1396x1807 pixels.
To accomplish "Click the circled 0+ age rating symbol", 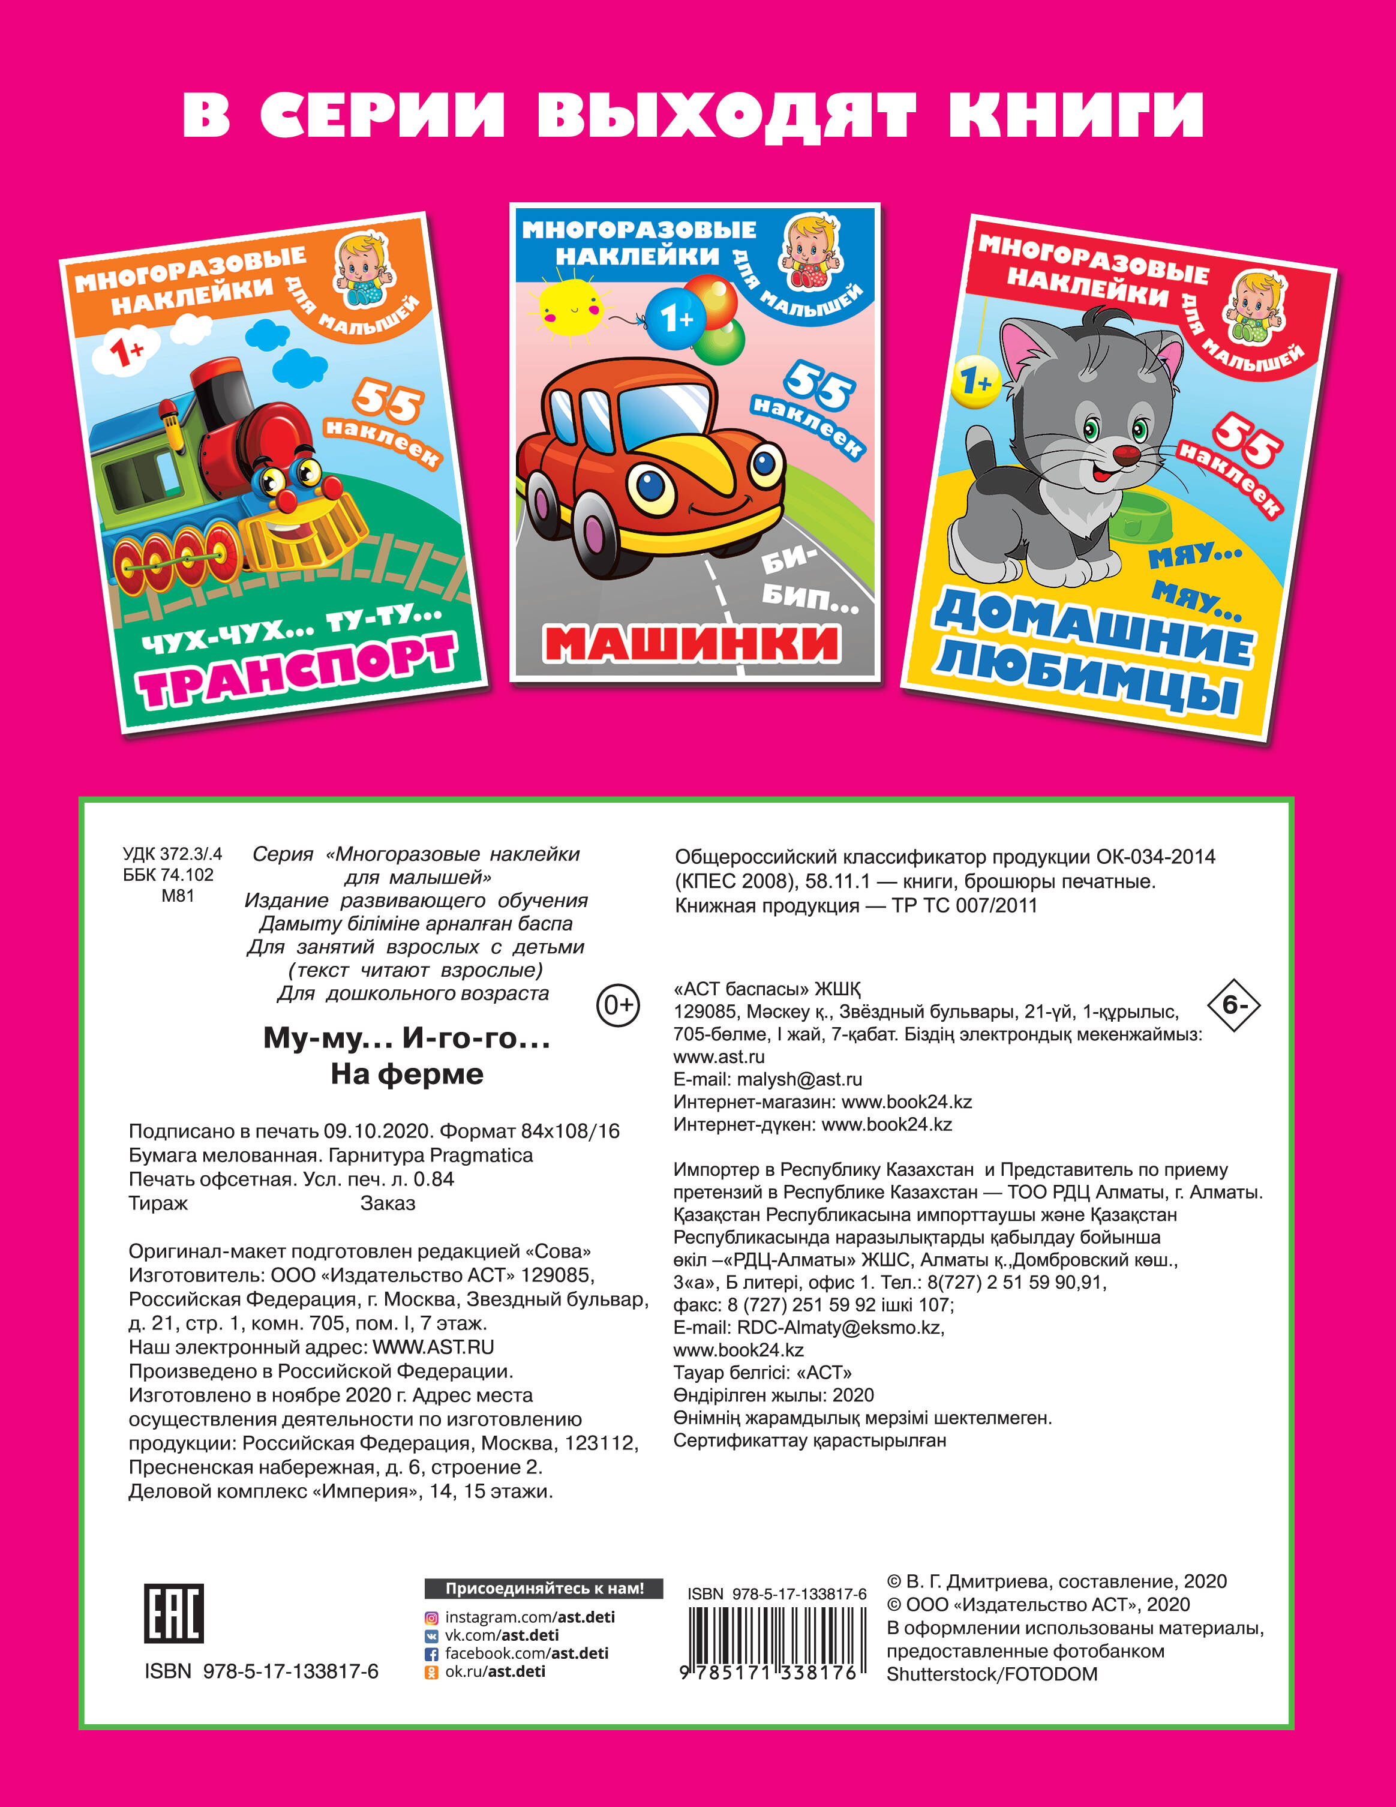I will click(618, 1005).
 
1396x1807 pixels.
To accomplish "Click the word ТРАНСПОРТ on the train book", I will click(299, 671).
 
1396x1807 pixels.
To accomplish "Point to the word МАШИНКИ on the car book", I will click(692, 644).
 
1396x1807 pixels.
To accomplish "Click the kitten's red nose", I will click(1125, 454).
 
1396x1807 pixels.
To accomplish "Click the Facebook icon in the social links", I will click(431, 1654).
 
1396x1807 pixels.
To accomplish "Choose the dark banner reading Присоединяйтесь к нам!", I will click(544, 1589).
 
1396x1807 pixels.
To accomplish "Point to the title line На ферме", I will click(407, 1074).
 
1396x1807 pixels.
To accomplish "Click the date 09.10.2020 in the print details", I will click(377, 1131).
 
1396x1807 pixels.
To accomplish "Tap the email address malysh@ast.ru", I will click(799, 1079).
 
